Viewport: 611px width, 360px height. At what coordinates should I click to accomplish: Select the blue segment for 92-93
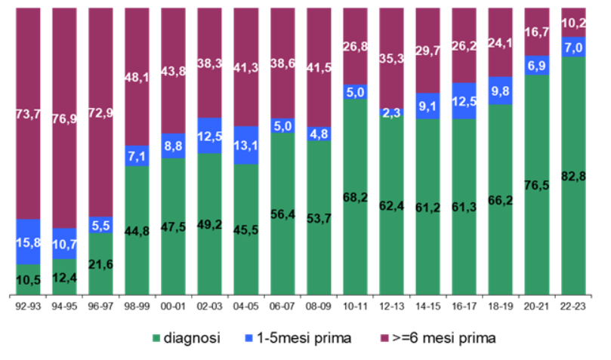point(28,242)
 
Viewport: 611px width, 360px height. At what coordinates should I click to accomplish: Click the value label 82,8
point(573,176)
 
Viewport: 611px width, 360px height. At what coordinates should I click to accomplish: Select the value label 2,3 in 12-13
point(392,112)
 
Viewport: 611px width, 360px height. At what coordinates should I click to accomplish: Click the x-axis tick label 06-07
point(282,308)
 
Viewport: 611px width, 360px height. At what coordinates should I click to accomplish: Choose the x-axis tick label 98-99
point(137,308)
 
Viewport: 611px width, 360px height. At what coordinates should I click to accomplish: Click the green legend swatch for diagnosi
point(157,339)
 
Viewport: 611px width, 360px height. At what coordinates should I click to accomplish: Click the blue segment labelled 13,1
point(246,145)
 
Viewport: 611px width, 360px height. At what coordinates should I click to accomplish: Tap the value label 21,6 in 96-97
point(100,264)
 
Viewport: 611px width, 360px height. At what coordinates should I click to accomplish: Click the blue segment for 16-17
point(464,100)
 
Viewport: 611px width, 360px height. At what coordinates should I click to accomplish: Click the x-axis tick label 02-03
point(210,308)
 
